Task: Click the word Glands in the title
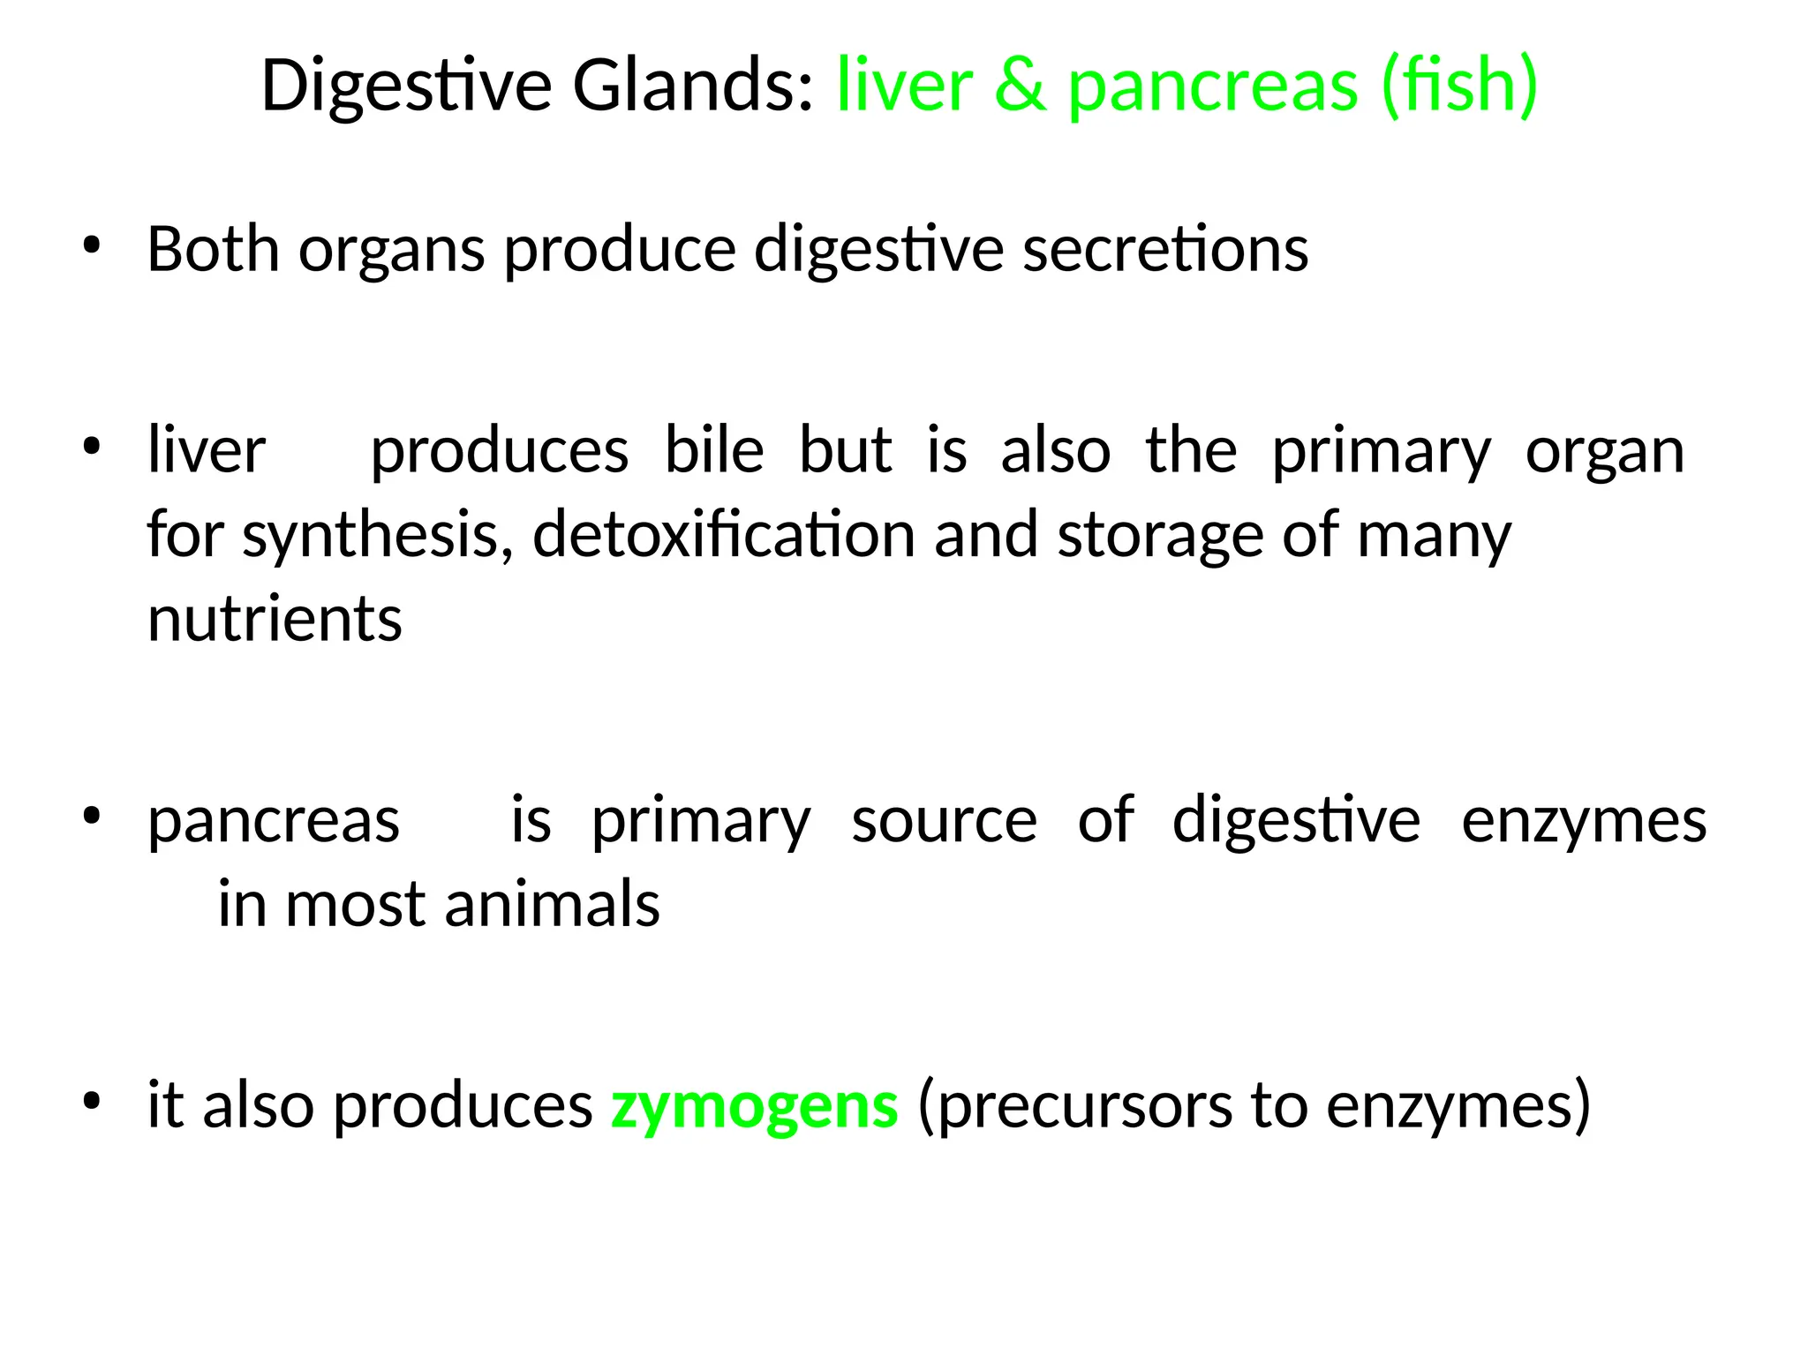coord(692,87)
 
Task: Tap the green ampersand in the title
coord(1020,87)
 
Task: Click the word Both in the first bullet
coord(213,249)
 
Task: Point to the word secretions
coord(1165,249)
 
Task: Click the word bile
coord(713,450)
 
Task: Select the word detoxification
coord(724,535)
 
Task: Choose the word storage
coord(1160,537)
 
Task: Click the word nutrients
coord(275,619)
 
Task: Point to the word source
coord(944,821)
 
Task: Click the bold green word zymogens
coord(755,1107)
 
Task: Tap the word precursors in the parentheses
coord(1075,1107)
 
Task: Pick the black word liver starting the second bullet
coord(207,450)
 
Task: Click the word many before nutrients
coord(1434,537)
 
